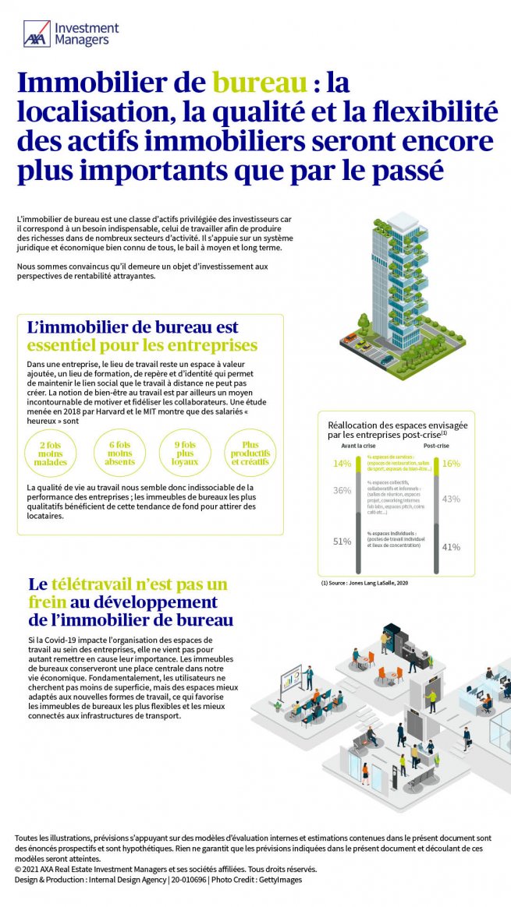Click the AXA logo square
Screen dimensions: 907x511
(37, 34)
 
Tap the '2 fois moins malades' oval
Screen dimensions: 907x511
(51, 453)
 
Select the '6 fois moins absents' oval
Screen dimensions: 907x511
(121, 453)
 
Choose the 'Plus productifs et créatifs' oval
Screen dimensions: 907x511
(250, 453)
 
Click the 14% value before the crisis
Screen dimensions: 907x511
(342, 464)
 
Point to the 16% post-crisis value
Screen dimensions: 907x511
(451, 464)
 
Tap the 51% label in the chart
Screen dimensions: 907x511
(342, 542)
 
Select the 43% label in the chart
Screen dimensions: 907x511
(451, 499)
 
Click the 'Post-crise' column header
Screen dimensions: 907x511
(436, 446)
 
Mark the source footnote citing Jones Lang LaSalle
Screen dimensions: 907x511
(364, 582)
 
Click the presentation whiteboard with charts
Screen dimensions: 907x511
(290, 678)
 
